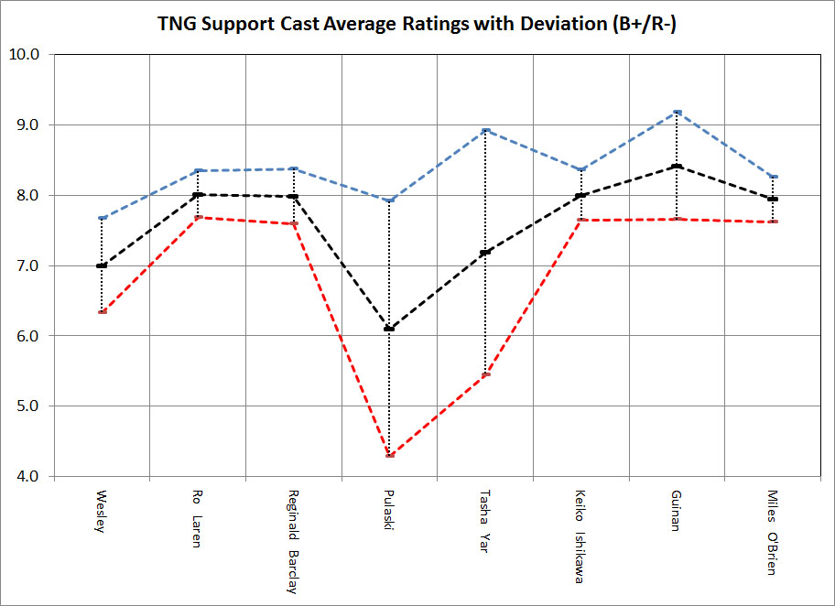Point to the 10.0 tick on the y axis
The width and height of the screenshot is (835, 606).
point(28,54)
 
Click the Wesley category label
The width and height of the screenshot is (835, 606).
point(102,514)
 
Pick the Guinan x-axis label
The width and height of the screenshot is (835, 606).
point(677,514)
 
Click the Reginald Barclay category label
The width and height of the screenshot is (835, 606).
point(293,541)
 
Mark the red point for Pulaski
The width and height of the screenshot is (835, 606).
point(389,455)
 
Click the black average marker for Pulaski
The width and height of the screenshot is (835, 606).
point(389,329)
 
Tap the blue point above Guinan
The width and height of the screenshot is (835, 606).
point(677,112)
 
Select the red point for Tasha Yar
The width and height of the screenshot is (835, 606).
point(485,374)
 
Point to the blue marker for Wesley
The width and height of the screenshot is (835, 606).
point(102,218)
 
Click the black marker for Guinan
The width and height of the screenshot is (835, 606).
point(677,166)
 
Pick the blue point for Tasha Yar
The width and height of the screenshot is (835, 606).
point(485,131)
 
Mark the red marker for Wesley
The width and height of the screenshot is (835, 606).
point(102,312)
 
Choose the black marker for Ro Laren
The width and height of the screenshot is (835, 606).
point(198,194)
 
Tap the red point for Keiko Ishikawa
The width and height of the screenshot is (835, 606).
point(580,220)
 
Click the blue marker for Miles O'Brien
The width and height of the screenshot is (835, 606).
point(773,176)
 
